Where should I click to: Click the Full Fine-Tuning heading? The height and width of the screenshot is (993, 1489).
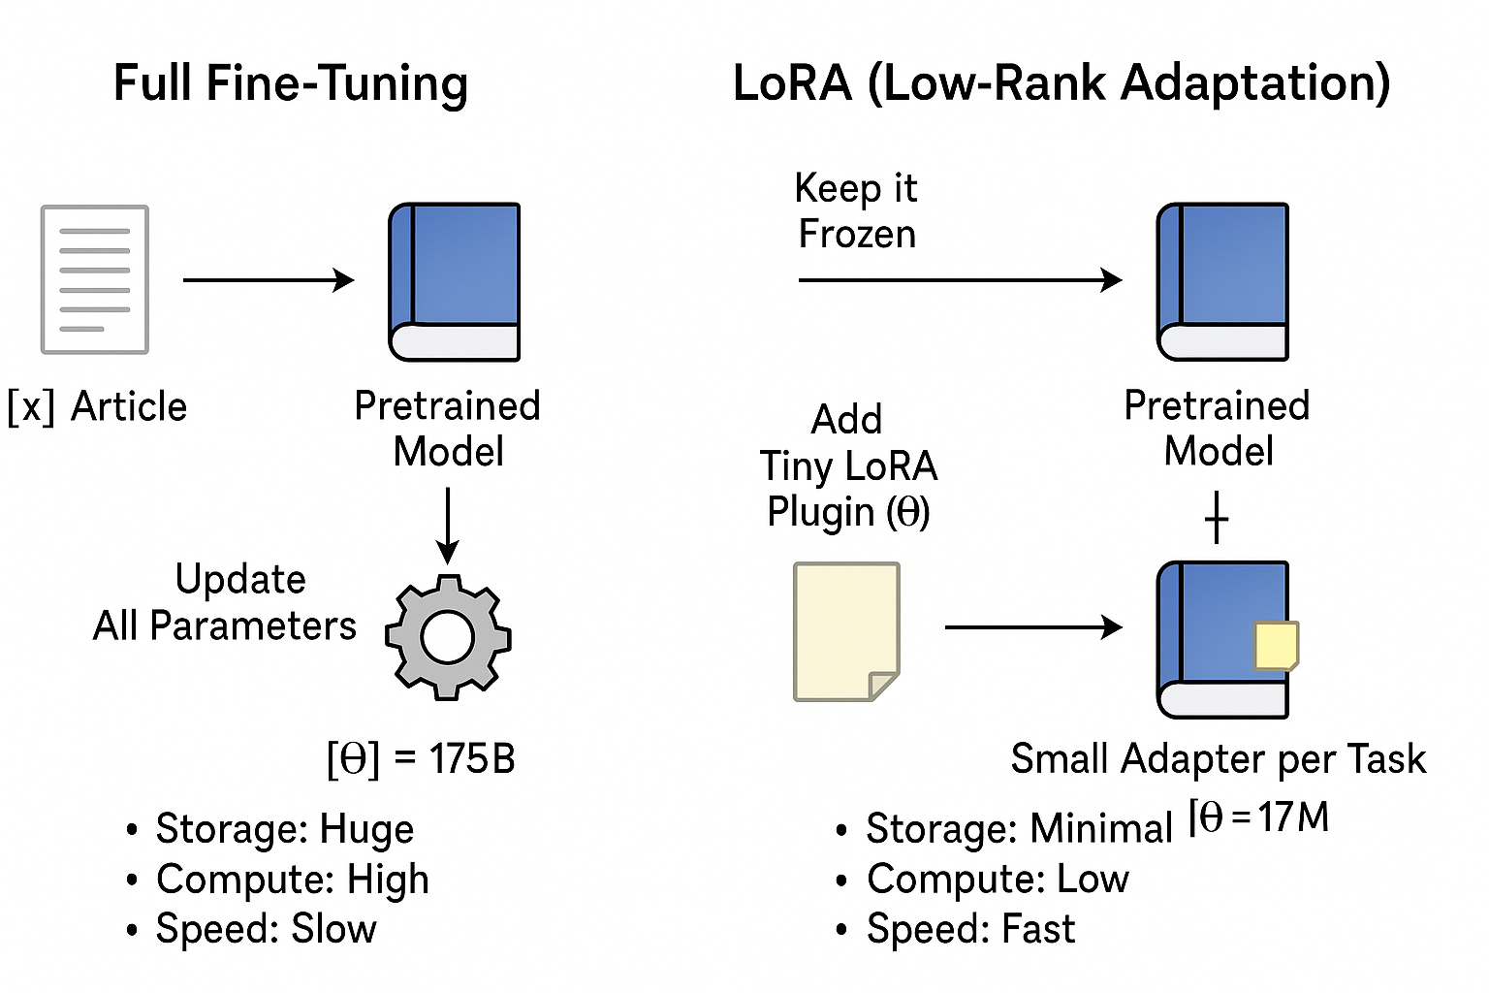pos(291,83)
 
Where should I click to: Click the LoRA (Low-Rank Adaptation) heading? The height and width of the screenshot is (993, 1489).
pos(1061,83)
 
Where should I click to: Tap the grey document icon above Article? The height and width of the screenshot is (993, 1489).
pos(94,279)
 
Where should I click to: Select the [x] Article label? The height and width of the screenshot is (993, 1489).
pos(97,406)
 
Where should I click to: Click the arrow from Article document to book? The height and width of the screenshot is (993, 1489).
pos(268,280)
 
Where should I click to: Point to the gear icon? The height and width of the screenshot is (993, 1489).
pos(448,637)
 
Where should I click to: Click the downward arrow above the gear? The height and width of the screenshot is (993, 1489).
pos(448,525)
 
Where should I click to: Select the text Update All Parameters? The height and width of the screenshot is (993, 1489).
pos(225,602)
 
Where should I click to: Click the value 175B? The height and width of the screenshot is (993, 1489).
pos(472,759)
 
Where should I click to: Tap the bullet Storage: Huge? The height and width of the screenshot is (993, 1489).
pos(284,829)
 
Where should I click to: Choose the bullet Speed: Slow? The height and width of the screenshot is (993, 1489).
pos(266,929)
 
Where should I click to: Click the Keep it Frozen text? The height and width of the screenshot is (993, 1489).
pos(856,210)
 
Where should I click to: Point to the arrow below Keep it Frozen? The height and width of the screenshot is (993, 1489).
pos(960,280)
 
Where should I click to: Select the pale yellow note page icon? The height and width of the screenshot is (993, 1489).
pos(846,631)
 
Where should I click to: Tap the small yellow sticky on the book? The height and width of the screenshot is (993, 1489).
pos(1276,646)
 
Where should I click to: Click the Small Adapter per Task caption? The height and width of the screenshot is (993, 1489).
pos(1218,758)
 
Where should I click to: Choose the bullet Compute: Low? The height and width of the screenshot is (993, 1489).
pos(997,880)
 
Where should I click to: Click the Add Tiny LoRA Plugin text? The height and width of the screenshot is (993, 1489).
pos(848,465)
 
